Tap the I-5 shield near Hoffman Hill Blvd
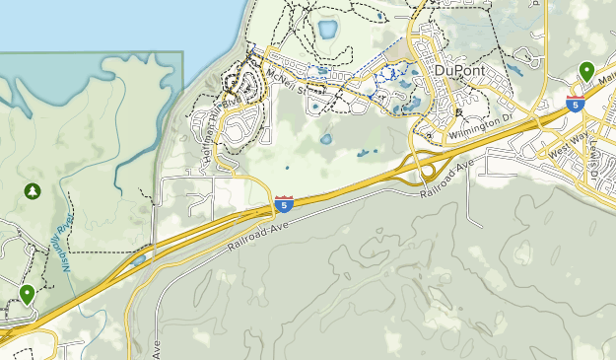[284, 205]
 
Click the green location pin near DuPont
[586, 71]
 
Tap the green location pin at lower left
[27, 294]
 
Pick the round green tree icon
[32, 189]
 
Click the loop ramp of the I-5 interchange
[431, 170]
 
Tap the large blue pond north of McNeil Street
[326, 29]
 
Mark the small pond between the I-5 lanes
[139, 260]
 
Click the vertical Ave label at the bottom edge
[157, 349]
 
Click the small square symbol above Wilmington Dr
[432, 113]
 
